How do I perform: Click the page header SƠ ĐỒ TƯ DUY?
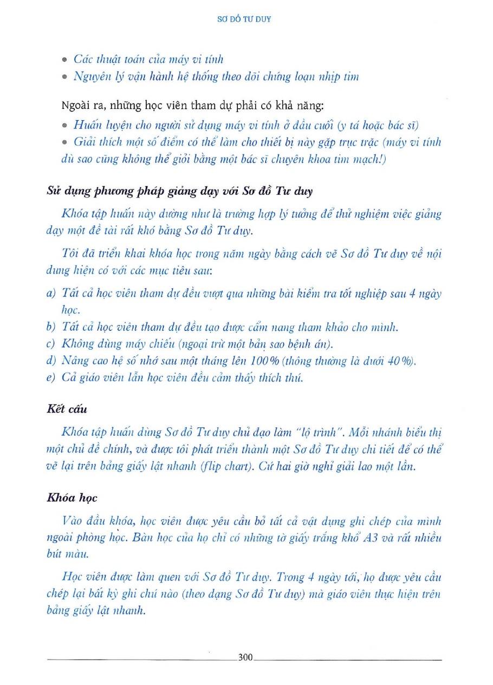246,18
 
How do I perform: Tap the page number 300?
245,658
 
